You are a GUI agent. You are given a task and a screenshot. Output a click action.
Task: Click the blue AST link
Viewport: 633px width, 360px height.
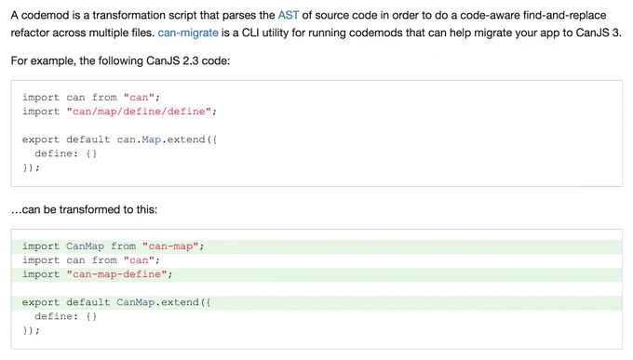tap(289, 15)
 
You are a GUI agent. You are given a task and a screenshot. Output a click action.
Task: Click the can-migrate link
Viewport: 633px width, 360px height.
tap(188, 33)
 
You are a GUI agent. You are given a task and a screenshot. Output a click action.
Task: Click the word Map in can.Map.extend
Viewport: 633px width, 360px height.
tap(152, 140)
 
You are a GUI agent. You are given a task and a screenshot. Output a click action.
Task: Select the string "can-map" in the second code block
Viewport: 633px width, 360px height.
tap(170, 247)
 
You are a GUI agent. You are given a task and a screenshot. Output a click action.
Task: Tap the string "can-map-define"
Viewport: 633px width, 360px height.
tap(116, 274)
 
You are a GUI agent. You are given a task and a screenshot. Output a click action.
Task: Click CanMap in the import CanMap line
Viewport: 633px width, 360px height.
tap(86, 247)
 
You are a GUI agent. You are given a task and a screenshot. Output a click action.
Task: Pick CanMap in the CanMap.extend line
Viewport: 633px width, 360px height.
tap(136, 302)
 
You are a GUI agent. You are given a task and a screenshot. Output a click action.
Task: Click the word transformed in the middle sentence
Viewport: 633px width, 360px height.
tap(89, 210)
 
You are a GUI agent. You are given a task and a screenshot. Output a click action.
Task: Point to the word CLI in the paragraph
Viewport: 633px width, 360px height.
tap(249, 33)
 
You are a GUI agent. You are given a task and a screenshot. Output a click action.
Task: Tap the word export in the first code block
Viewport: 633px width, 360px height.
tap(41, 140)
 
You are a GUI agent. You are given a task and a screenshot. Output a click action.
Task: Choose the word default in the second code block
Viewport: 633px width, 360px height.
tap(88, 302)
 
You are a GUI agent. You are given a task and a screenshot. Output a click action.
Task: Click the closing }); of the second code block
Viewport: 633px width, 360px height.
tap(32, 330)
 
